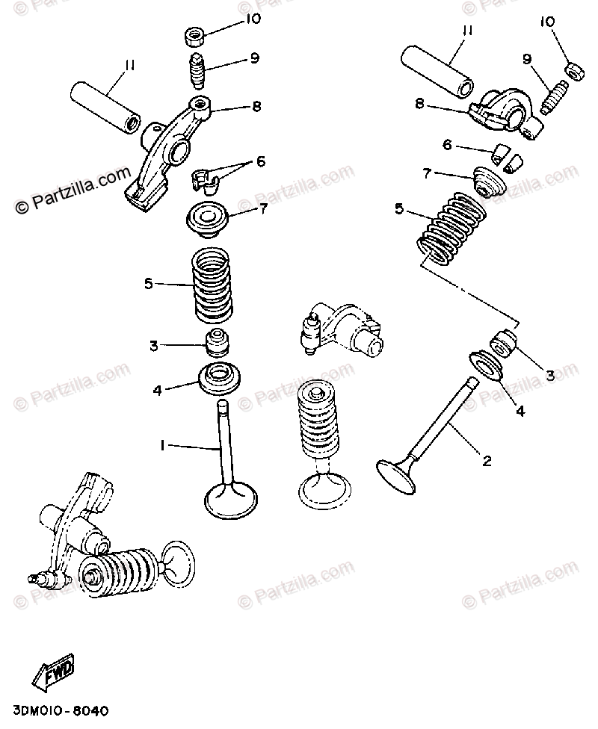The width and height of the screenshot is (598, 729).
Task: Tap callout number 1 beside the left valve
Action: (161, 445)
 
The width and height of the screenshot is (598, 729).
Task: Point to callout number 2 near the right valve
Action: (487, 461)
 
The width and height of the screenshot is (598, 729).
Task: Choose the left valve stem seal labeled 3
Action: (216, 344)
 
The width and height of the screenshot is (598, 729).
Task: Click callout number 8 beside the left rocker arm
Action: (256, 107)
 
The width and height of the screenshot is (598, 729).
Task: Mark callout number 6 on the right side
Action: (448, 146)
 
